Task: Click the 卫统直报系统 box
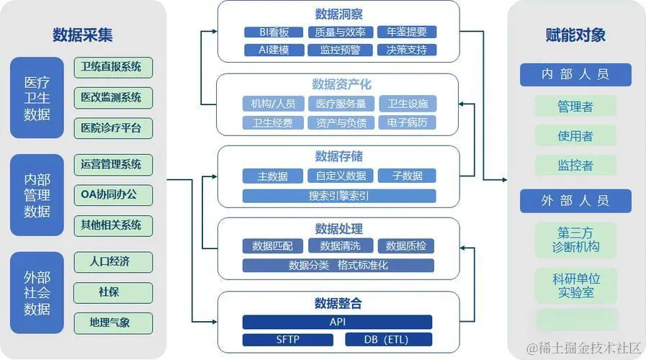(113, 67)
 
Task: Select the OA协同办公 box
(113, 194)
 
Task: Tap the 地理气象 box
(113, 322)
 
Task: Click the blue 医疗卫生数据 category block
(37, 97)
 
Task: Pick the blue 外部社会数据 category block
(37, 293)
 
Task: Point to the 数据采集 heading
(82, 35)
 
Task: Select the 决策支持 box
(407, 50)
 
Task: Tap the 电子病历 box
(407, 122)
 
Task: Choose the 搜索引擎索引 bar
(338, 195)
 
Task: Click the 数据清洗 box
(338, 246)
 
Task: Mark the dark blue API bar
(337, 322)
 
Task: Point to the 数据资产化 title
(338, 85)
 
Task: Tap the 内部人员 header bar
(575, 75)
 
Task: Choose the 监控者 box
(575, 165)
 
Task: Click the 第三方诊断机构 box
(575, 240)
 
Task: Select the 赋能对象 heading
(575, 35)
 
